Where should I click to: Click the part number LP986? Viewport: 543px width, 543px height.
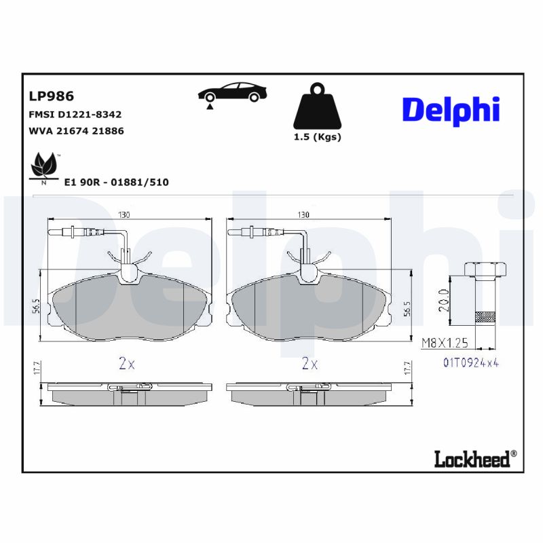tap(52, 96)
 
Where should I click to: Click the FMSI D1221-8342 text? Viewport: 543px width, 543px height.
tap(75, 115)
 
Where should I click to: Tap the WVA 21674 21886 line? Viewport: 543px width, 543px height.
tap(76, 130)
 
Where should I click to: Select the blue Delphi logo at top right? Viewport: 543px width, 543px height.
tap(451, 110)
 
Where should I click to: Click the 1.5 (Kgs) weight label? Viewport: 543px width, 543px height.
tap(317, 136)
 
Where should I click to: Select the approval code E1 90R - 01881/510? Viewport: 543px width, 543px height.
tap(116, 182)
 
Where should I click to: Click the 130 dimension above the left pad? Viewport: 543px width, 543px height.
tap(124, 214)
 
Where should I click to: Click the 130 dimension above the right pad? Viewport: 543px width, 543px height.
tap(303, 214)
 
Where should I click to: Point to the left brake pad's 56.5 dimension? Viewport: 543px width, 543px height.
tap(36, 305)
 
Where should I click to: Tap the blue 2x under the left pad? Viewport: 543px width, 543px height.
tap(126, 364)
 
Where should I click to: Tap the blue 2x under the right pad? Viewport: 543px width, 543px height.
tap(310, 364)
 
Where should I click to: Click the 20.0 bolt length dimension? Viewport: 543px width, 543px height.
tap(443, 299)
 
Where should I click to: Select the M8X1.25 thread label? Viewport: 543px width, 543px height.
tap(444, 343)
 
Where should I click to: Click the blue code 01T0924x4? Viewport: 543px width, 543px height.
tap(471, 363)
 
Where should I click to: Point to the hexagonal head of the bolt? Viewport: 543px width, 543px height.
tap(486, 269)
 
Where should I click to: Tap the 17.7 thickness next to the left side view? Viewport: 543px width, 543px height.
tap(36, 368)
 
